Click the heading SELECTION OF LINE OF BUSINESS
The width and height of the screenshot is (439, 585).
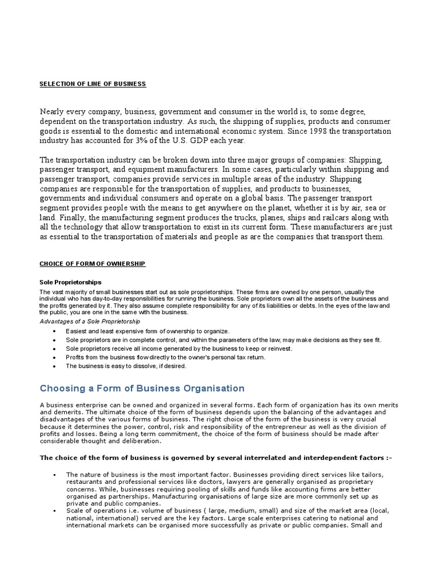pyautogui.click(x=93, y=84)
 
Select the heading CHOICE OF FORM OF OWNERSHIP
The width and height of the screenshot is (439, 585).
pyautogui.click(x=93, y=263)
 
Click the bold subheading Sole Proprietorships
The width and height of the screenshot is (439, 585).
pyautogui.click(x=70, y=282)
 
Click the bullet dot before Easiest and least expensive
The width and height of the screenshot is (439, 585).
pyautogui.click(x=54, y=331)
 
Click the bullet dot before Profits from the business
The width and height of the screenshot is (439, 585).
pyautogui.click(x=54, y=358)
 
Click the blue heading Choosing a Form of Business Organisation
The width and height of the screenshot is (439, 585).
pyautogui.click(x=142, y=388)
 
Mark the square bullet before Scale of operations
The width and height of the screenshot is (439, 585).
pyautogui.click(x=54, y=511)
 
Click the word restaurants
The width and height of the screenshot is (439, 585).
pyautogui.click(x=86, y=482)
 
